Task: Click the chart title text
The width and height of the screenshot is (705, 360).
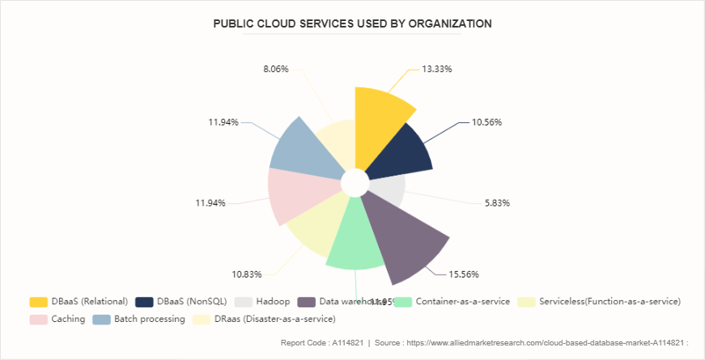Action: [352, 23]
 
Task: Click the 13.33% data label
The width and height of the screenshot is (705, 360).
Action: [436, 69]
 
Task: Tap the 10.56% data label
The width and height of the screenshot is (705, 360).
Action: [487, 122]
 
